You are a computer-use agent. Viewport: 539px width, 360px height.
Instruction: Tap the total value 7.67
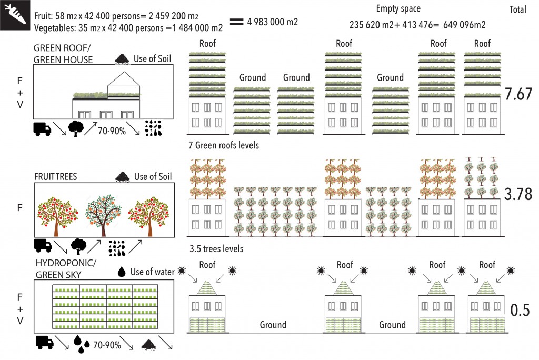pyautogui.click(x=518, y=95)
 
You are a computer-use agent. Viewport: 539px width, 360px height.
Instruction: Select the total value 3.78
pyautogui.click(x=518, y=195)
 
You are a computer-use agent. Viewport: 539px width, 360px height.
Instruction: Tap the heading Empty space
pyautogui.click(x=398, y=9)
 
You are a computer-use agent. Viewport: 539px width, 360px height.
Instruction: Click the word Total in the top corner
pyautogui.click(x=520, y=9)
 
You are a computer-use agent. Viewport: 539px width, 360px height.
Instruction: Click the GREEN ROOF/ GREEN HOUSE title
pyautogui.click(x=63, y=54)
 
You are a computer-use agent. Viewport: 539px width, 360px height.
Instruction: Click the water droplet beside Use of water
pyautogui.click(x=122, y=271)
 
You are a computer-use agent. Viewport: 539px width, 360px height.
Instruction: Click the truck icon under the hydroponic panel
pyautogui.click(x=44, y=343)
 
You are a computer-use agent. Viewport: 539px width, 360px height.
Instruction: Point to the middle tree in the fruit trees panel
pyautogui.click(x=102, y=213)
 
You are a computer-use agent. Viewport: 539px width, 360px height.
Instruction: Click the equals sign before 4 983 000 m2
pyautogui.click(x=236, y=22)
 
